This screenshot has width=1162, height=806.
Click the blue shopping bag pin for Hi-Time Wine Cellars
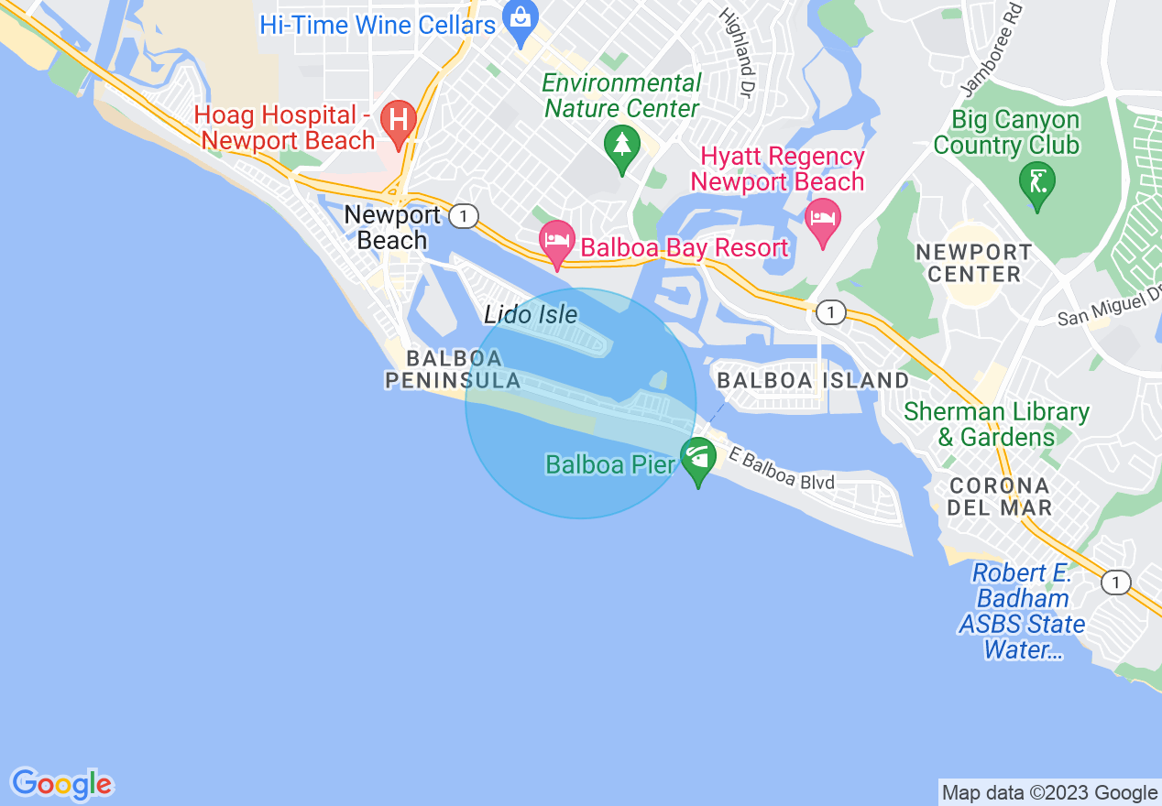click(521, 23)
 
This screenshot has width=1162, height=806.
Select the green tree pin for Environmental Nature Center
click(622, 147)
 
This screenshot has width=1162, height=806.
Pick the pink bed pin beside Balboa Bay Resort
click(557, 243)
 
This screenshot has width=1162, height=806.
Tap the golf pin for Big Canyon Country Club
click(1037, 183)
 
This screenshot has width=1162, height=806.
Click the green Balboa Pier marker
click(698, 458)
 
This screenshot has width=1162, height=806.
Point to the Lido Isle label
click(532, 315)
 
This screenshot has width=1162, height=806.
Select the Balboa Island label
click(813, 380)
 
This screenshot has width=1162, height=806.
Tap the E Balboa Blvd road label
click(783, 468)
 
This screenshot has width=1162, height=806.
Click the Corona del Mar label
click(1000, 496)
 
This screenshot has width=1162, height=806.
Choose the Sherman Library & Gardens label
click(996, 424)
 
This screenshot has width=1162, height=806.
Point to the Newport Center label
click(973, 263)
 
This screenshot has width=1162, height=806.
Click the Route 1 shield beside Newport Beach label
click(465, 216)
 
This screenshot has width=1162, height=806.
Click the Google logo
click(61, 785)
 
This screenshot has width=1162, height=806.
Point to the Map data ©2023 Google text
click(1049, 793)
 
